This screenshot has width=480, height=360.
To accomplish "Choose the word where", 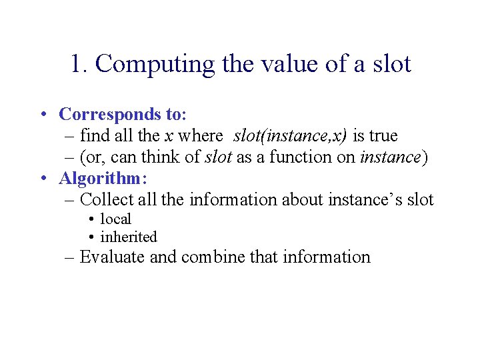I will point(201,136).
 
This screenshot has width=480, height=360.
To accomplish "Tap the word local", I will point(115,219).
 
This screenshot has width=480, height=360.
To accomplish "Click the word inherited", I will point(129,237).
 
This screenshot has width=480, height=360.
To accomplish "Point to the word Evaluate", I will point(112,257).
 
